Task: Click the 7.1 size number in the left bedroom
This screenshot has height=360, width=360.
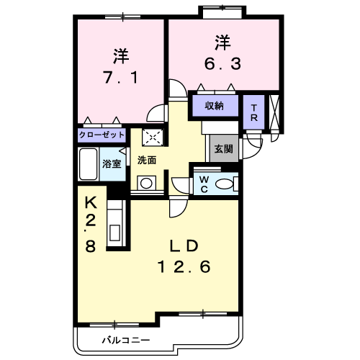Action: pyautogui.click(x=121, y=77)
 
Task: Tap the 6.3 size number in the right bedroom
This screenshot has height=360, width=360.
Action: pyautogui.click(x=222, y=64)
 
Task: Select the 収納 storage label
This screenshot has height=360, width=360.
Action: pyautogui.click(x=215, y=106)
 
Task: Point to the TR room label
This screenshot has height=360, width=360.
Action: pyautogui.click(x=254, y=113)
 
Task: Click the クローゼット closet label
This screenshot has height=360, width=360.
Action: pyautogui.click(x=102, y=135)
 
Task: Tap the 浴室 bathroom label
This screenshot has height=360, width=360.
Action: pyautogui.click(x=112, y=164)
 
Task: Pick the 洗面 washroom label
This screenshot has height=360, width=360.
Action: pyautogui.click(x=147, y=160)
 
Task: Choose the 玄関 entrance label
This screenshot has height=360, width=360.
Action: pyautogui.click(x=224, y=149)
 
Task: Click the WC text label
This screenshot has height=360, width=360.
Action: pyautogui.click(x=204, y=184)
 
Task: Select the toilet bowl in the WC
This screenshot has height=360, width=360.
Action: pyautogui.click(x=225, y=184)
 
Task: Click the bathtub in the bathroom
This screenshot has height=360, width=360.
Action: pyautogui.click(x=89, y=164)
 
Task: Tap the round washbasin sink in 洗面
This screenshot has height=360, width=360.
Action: pyautogui.click(x=146, y=184)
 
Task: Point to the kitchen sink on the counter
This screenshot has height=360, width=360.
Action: pyautogui.click(x=115, y=233)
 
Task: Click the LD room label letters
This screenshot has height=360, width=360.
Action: pyautogui.click(x=184, y=246)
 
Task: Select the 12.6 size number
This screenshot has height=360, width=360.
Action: pyautogui.click(x=184, y=266)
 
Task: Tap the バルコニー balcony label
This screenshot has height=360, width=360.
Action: pyautogui.click(x=126, y=340)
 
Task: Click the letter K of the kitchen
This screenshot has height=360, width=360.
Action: pyautogui.click(x=91, y=203)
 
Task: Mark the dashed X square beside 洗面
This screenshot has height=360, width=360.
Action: pyautogui.click(x=153, y=138)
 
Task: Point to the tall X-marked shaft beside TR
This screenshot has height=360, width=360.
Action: pyautogui.click(x=274, y=112)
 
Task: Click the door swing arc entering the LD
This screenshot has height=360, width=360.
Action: pyautogui.click(x=181, y=211)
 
